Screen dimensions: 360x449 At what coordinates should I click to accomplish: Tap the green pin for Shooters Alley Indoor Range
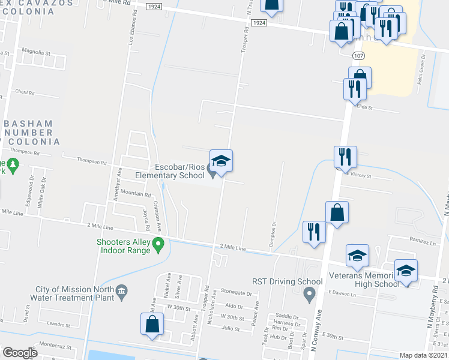(x=158, y=244)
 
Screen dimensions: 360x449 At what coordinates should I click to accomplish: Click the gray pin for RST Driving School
(x=310, y=294)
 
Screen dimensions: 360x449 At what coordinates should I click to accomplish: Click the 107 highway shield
(x=358, y=55)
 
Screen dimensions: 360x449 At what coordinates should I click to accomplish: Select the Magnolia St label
(x=35, y=53)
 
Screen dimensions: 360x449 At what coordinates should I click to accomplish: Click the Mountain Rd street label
(x=135, y=194)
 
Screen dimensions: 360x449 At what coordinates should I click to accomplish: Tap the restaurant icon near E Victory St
(x=345, y=157)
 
